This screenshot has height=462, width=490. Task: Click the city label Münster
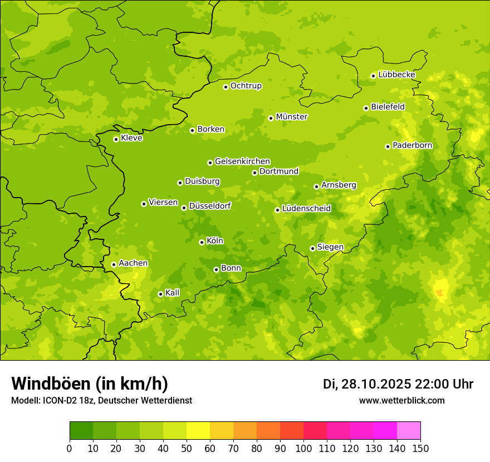[x=291, y=117]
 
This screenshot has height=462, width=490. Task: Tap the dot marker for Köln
[x=202, y=242]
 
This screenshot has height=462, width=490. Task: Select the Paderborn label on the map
[x=412, y=145]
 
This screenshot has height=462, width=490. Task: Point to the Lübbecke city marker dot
[x=373, y=76]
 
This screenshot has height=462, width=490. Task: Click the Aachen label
[x=133, y=263]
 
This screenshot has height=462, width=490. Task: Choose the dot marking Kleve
[x=116, y=139]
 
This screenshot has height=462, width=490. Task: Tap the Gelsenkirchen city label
[x=242, y=161]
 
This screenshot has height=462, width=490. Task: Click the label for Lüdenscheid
[x=306, y=209]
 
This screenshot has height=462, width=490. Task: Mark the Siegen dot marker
[x=312, y=248]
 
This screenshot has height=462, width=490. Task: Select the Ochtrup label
[x=246, y=86]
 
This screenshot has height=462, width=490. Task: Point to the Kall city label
[x=172, y=293]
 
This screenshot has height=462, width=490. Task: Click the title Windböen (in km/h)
[x=90, y=384]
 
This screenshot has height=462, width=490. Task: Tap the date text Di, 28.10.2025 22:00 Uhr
[x=398, y=384]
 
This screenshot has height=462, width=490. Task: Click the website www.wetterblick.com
[x=401, y=401]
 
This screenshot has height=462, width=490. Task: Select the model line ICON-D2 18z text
[x=101, y=401]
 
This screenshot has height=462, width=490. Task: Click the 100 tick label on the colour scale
[x=303, y=448]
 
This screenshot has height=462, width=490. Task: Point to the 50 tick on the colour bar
[x=187, y=448]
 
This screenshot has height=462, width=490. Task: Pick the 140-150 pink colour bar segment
[x=409, y=431]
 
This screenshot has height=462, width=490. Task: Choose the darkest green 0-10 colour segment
[x=81, y=431]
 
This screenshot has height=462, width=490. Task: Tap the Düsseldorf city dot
[x=184, y=208]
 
